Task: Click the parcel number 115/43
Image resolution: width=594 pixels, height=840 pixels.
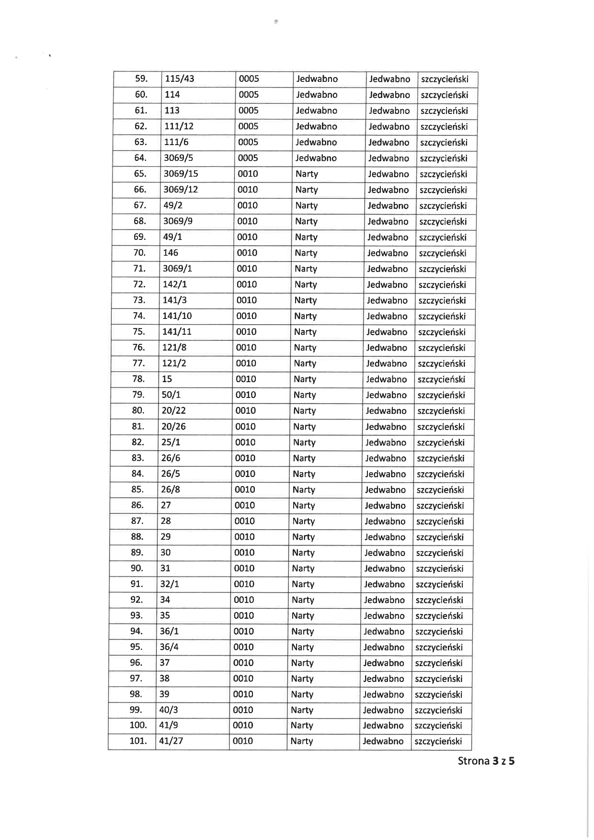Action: (x=179, y=79)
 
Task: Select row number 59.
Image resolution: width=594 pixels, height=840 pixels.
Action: (x=141, y=79)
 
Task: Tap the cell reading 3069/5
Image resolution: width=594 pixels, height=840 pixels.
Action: (x=178, y=158)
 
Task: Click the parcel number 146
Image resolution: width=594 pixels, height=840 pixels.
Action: (x=171, y=253)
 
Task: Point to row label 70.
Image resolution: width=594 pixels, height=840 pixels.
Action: (x=139, y=253)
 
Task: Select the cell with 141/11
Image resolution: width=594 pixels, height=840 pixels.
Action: (x=177, y=332)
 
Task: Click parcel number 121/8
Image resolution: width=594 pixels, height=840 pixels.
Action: (x=174, y=348)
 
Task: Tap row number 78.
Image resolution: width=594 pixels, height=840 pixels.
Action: (x=138, y=379)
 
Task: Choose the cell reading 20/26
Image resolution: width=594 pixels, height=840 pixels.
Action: (x=173, y=427)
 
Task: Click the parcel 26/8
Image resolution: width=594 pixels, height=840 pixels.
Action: (x=171, y=489)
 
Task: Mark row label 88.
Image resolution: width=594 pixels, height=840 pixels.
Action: (x=137, y=537)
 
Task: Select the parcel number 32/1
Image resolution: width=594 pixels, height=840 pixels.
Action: (x=169, y=584)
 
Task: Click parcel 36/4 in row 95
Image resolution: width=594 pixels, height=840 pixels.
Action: (x=169, y=647)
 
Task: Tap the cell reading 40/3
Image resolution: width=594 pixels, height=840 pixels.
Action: (x=169, y=710)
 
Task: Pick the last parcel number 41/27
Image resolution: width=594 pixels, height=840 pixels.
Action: (x=171, y=741)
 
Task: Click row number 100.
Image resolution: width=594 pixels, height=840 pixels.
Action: (x=138, y=726)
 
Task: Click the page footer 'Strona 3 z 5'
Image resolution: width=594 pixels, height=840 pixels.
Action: (x=486, y=761)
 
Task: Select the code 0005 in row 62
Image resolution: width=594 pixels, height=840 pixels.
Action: (x=248, y=126)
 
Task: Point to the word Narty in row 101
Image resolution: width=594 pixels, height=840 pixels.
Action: (x=302, y=741)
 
